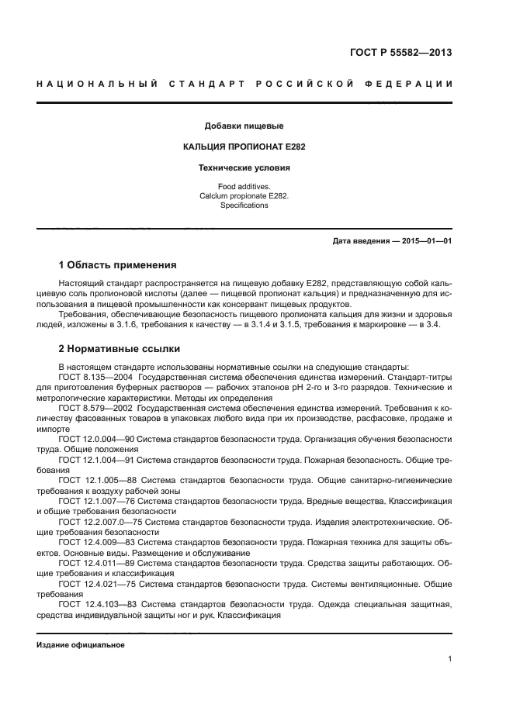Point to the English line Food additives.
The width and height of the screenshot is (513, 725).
243,187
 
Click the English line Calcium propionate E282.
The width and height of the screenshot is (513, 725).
243,196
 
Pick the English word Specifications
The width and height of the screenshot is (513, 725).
243,205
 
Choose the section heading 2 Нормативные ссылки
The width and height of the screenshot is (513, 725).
119,349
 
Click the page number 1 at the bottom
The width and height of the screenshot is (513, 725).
449,659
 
